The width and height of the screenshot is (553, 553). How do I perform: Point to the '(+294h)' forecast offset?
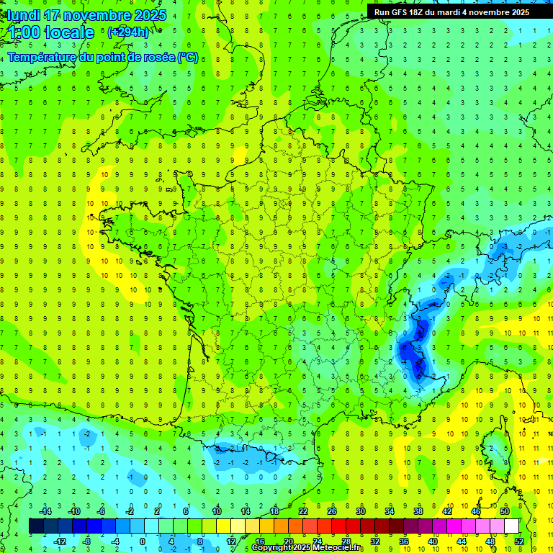click(x=128, y=32)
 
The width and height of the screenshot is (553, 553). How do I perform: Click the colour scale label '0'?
click(x=142, y=541)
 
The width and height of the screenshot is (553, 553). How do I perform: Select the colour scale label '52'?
click(x=518, y=541)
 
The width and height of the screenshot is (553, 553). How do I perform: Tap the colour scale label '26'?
click(x=332, y=511)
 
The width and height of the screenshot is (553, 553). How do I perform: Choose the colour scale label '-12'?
click(x=60, y=541)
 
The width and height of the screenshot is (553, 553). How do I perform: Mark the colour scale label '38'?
click(x=418, y=511)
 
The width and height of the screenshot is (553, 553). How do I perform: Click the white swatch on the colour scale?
click(x=511, y=526)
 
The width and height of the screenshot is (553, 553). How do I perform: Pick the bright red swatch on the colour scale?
click(x=338, y=526)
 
